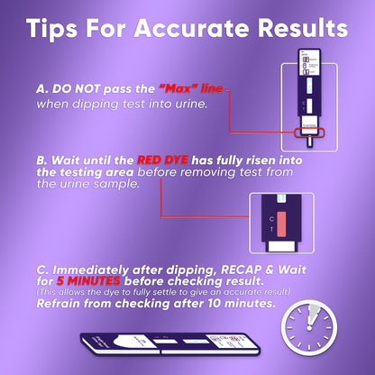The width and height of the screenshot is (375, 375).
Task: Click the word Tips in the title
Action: pyautogui.click(x=52, y=29)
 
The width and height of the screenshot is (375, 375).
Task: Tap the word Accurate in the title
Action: pyautogui.click(x=192, y=28)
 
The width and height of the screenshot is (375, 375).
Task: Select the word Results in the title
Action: pyautogui.click(x=303, y=28)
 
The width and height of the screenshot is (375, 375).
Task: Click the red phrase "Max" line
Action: pyautogui.click(x=191, y=88)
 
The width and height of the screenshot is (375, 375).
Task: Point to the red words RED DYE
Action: pyautogui.click(x=162, y=160)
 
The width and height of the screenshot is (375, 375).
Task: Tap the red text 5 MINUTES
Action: pyautogui.click(x=88, y=281)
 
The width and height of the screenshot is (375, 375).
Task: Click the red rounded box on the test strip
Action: pyautogui.click(x=309, y=133)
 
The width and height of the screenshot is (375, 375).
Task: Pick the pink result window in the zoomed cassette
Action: pyautogui.click(x=281, y=224)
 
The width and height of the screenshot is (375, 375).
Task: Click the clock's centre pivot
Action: pyautogui.click(x=309, y=328)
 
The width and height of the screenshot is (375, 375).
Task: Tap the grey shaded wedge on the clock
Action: pyautogui.click(x=313, y=314)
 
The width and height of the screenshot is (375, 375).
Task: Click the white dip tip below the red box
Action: pyautogui.click(x=309, y=142)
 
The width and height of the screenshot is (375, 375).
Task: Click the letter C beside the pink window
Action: pyautogui.click(x=271, y=219)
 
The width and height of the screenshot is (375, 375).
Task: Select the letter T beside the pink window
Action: pyautogui.click(x=271, y=229)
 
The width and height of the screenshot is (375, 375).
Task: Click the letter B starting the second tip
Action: pyautogui.click(x=41, y=160)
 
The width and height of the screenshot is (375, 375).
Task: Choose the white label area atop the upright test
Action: pyautogui.click(x=309, y=62)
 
